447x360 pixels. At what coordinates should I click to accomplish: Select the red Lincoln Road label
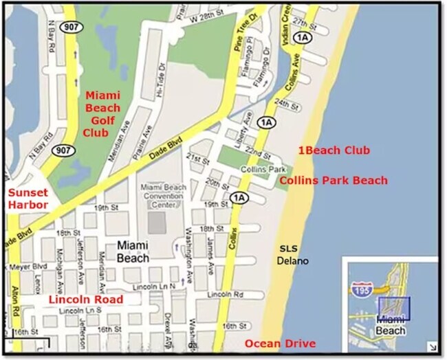pyautogui.click(x=85, y=300)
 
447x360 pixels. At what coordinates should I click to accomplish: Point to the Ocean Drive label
pyautogui.click(x=281, y=344)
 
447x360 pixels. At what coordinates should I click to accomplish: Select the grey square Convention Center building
pyautogui.click(x=157, y=222)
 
